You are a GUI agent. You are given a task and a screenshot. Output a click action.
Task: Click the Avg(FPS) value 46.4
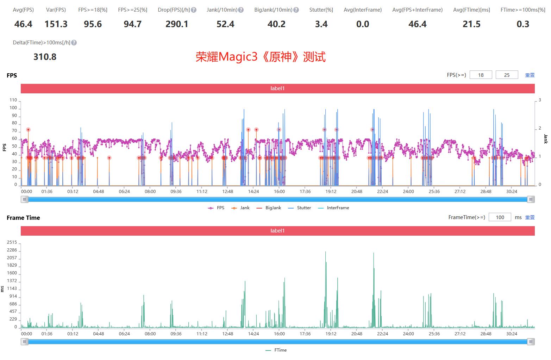[23, 24]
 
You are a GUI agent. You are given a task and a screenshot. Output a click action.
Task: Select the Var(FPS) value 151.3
[56, 24]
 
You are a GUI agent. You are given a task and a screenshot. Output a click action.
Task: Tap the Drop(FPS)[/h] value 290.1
[177, 24]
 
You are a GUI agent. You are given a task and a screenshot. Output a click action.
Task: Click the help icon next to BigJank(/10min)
[296, 10]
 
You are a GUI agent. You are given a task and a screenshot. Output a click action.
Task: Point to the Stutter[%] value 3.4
[321, 24]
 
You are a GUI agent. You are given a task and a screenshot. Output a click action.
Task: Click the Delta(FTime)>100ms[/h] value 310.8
[45, 57]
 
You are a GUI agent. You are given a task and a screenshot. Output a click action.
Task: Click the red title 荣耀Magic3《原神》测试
[261, 57]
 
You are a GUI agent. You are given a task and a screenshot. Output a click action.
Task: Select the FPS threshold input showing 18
[481, 75]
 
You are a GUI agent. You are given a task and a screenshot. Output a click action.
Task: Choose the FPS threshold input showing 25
[507, 75]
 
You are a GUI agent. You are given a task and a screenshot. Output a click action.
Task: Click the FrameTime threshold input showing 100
[500, 217]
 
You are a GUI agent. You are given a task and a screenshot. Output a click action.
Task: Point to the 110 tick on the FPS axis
[13, 100]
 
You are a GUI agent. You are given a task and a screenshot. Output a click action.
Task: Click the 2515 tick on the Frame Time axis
[12, 242]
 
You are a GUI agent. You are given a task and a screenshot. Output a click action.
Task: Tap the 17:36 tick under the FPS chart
[305, 192]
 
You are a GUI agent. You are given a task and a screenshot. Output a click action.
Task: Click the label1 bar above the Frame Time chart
[277, 231]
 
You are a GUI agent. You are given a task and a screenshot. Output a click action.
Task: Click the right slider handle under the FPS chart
[531, 199]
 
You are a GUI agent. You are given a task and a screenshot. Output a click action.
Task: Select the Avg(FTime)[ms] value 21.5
[471, 24]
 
